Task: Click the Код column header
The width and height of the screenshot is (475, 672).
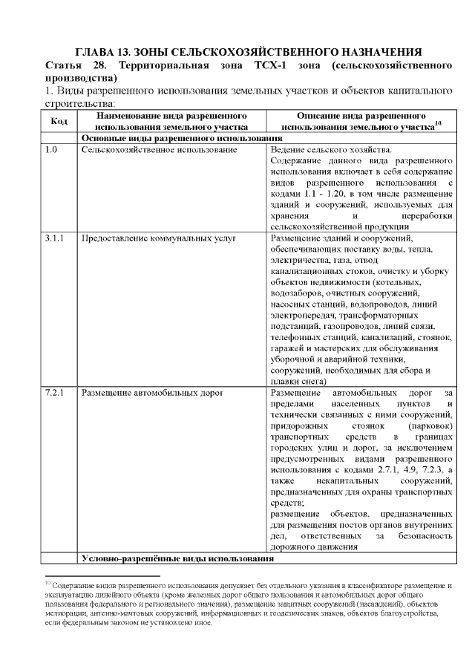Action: pos(59,122)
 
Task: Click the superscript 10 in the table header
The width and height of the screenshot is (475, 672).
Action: pos(438,124)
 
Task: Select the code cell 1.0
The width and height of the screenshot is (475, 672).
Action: pos(51,151)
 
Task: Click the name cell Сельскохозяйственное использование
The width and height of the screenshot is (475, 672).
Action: pos(159,151)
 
